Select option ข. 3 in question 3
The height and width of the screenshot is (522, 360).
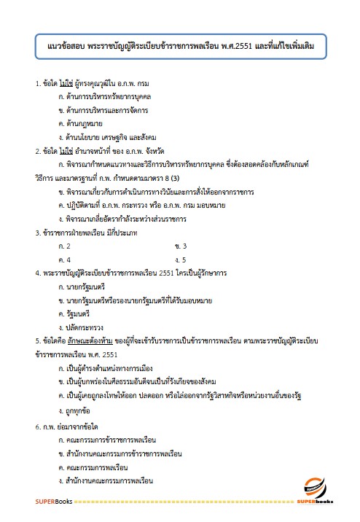181,246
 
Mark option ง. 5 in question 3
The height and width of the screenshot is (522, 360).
181,259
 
